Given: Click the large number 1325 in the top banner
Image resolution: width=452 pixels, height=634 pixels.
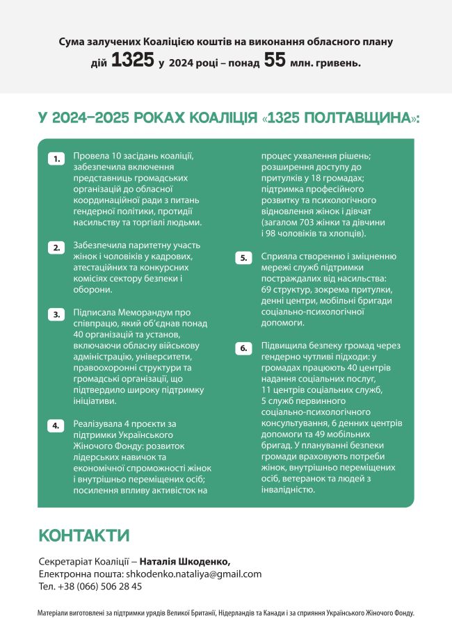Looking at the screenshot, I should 132,60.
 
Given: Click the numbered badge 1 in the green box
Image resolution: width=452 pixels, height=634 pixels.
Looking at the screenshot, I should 56,159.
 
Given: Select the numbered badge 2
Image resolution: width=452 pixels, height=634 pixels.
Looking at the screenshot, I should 56,247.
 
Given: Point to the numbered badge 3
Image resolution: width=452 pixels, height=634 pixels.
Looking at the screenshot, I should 56,314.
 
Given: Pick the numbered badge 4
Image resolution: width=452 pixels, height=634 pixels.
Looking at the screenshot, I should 56,425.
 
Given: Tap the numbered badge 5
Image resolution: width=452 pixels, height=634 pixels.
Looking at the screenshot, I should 243,258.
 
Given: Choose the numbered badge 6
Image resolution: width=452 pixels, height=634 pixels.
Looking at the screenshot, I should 243,348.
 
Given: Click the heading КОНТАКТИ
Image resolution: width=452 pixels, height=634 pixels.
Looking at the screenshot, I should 84,535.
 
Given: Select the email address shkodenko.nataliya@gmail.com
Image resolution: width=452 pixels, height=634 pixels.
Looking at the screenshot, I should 193,574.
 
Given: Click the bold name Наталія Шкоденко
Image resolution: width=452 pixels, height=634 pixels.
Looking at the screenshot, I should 184,561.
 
